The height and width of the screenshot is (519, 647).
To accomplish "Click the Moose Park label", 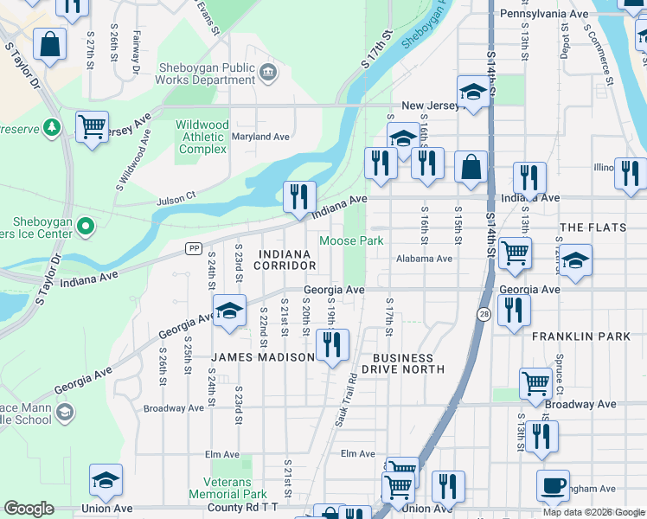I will pyautogui.click(x=351, y=241).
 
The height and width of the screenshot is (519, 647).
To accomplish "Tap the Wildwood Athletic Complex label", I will pyautogui.click(x=202, y=138).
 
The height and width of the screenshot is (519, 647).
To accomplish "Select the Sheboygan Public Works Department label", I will pyautogui.click(x=207, y=74).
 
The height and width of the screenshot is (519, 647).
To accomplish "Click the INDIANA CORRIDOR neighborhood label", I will pyautogui.click(x=284, y=259).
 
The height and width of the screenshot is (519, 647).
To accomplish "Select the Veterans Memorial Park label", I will pyautogui.click(x=227, y=488).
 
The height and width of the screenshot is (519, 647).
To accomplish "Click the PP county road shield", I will pyautogui.click(x=194, y=248).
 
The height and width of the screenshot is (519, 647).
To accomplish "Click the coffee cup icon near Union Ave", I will pyautogui.click(x=553, y=485).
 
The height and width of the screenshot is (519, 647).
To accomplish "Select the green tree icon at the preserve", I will pyautogui.click(x=53, y=127).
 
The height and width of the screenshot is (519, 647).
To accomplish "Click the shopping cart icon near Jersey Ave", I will pyautogui.click(x=92, y=127).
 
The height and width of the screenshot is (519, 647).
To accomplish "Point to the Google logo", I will pyautogui.click(x=29, y=509).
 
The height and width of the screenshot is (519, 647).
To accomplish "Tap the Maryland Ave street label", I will pyautogui.click(x=260, y=137).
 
